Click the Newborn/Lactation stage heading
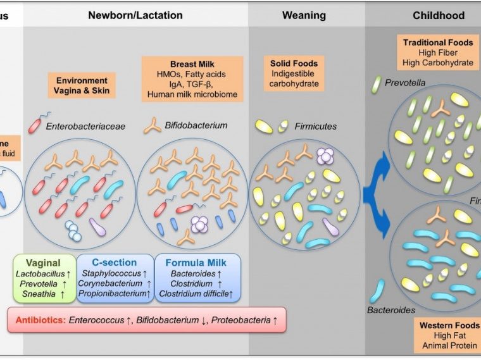pos(135,15)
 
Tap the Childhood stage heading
pos(438,15)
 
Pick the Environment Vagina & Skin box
pos(82,86)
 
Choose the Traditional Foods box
pos(438,53)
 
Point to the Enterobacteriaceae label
pos(85,127)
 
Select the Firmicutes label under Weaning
pos(315,127)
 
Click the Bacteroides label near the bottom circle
pos(391,310)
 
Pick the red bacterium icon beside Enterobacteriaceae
pos(35,124)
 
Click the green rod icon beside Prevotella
pos(378,83)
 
